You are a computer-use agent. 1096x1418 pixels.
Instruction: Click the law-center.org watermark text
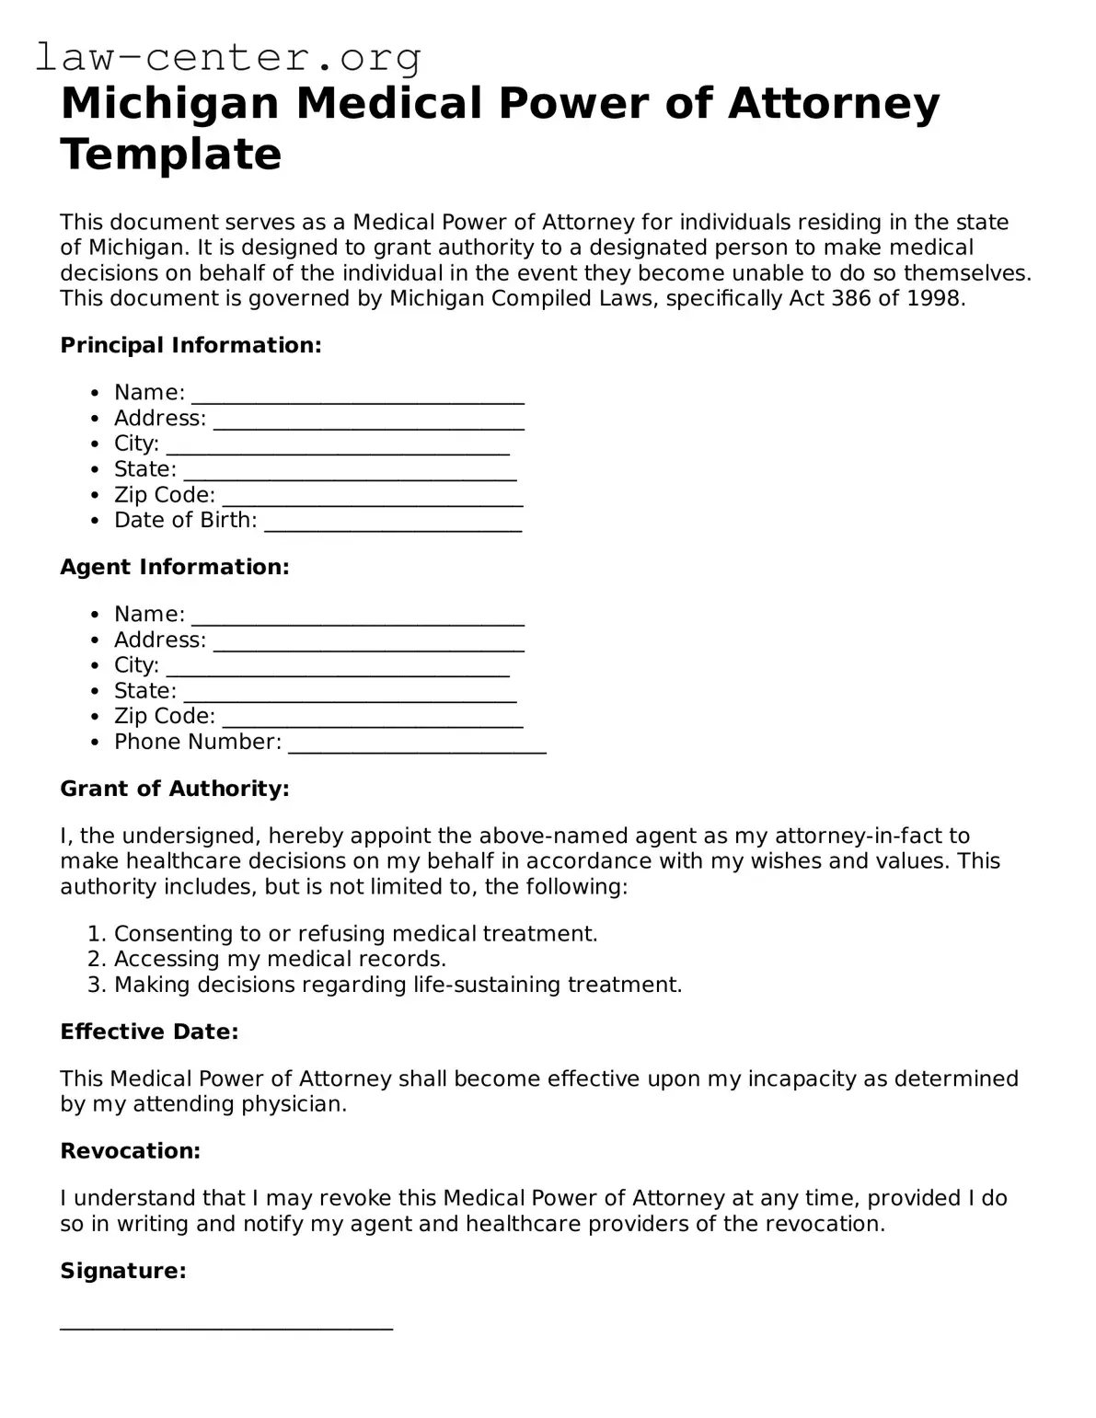(228, 57)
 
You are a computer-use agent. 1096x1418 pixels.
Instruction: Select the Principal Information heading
(190, 345)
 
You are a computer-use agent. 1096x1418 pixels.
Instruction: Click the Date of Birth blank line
(393, 523)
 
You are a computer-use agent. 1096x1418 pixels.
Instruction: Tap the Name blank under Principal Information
(358, 395)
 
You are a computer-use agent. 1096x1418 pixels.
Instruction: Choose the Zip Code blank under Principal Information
(373, 497)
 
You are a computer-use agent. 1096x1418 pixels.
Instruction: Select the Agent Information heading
(175, 567)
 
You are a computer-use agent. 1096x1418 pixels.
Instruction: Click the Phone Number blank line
(417, 744)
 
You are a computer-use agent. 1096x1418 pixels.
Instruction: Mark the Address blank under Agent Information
(368, 642)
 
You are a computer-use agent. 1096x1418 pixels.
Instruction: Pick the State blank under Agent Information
(350, 693)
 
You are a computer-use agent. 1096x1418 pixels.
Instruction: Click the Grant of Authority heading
(175, 789)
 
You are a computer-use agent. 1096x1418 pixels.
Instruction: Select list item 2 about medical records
(280, 959)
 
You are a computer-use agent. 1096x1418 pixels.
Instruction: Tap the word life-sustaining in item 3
(487, 985)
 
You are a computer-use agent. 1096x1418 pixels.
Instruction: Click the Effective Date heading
(149, 1032)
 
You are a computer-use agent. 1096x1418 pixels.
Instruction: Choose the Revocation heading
(130, 1151)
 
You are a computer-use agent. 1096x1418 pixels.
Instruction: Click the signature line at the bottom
(226, 1325)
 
